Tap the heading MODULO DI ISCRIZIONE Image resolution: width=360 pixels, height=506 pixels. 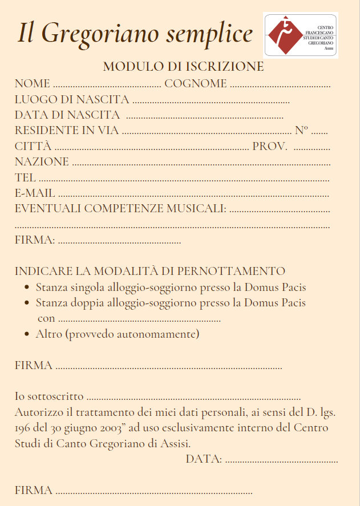[x=183, y=66]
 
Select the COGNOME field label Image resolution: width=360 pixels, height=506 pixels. [x=195, y=84]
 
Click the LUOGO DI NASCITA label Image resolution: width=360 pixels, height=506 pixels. [x=71, y=99]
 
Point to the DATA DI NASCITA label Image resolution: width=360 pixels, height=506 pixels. [x=67, y=115]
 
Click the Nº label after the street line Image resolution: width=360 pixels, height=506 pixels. [x=301, y=130]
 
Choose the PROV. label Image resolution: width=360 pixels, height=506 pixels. [x=269, y=146]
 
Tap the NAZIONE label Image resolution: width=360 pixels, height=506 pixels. [x=42, y=161]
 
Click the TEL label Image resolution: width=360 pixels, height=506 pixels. [x=25, y=177]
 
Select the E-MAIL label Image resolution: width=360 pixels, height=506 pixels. [x=35, y=193]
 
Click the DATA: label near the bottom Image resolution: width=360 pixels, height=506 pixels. [x=204, y=459]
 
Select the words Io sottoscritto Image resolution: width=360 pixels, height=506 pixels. [x=49, y=396]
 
